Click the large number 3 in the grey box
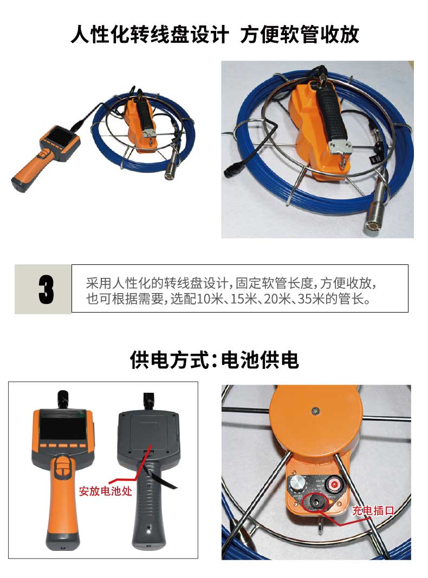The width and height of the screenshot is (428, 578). (x=46, y=289)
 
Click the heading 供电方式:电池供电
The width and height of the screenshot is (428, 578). (x=214, y=360)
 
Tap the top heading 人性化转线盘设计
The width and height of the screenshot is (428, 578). (x=150, y=35)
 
